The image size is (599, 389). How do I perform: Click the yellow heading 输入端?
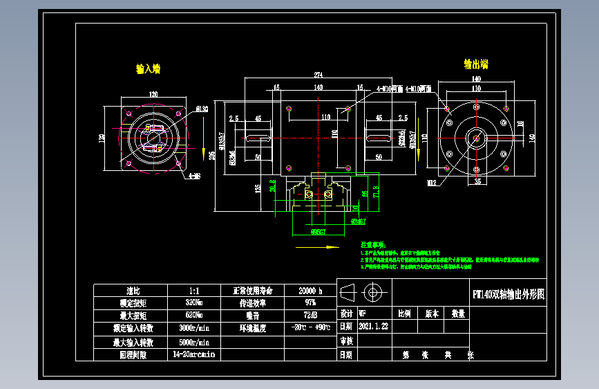coord(148,69)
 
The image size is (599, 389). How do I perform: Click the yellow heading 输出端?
coord(476,64)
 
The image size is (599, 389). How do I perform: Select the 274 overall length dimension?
coord(318,74)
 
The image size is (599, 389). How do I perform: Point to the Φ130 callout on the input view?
coord(202,109)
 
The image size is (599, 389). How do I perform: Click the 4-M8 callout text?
coord(194,176)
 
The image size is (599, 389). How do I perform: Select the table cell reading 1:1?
coord(194,291)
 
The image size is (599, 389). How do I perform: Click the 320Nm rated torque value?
coord(194,303)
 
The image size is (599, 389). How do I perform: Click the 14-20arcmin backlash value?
coord(194,354)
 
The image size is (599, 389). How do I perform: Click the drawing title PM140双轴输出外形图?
coord(508,294)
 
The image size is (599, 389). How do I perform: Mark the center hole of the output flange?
coord(476,138)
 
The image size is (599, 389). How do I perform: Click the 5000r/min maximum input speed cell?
coord(194,342)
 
